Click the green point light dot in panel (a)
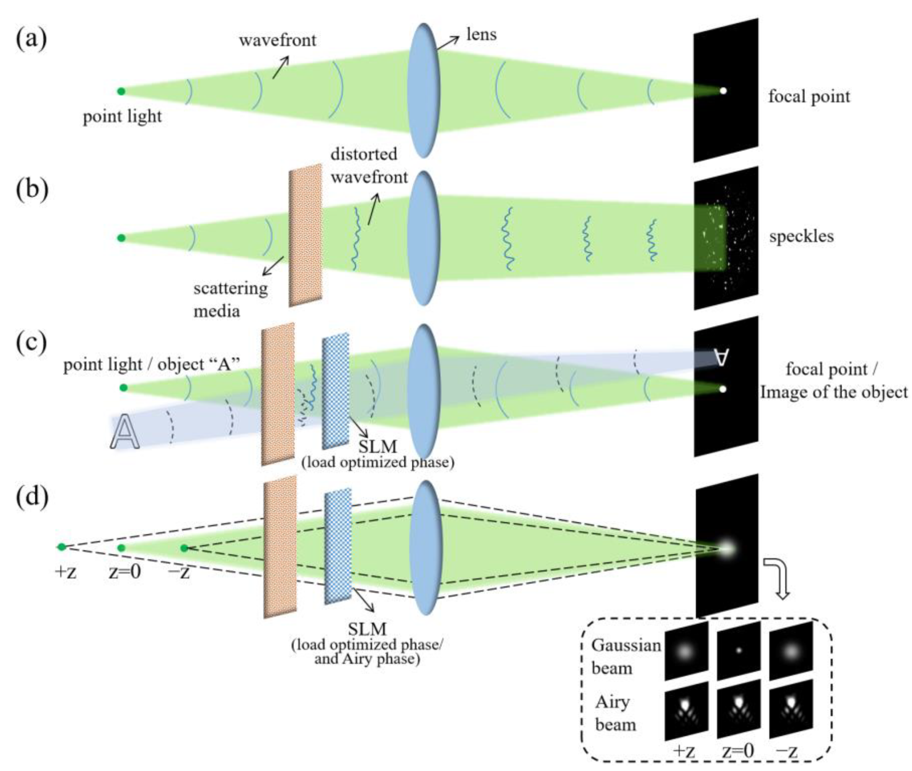point(121,91)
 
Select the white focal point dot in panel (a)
point(723,91)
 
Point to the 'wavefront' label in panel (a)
point(277,41)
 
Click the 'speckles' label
point(801,236)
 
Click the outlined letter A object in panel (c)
point(125,432)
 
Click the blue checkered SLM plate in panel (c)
point(335,391)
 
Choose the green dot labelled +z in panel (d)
point(62,547)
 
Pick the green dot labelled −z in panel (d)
point(185,548)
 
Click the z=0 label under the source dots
point(125,572)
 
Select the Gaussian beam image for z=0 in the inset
point(739,651)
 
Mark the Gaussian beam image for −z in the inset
point(791,651)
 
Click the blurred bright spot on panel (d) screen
point(726,548)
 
